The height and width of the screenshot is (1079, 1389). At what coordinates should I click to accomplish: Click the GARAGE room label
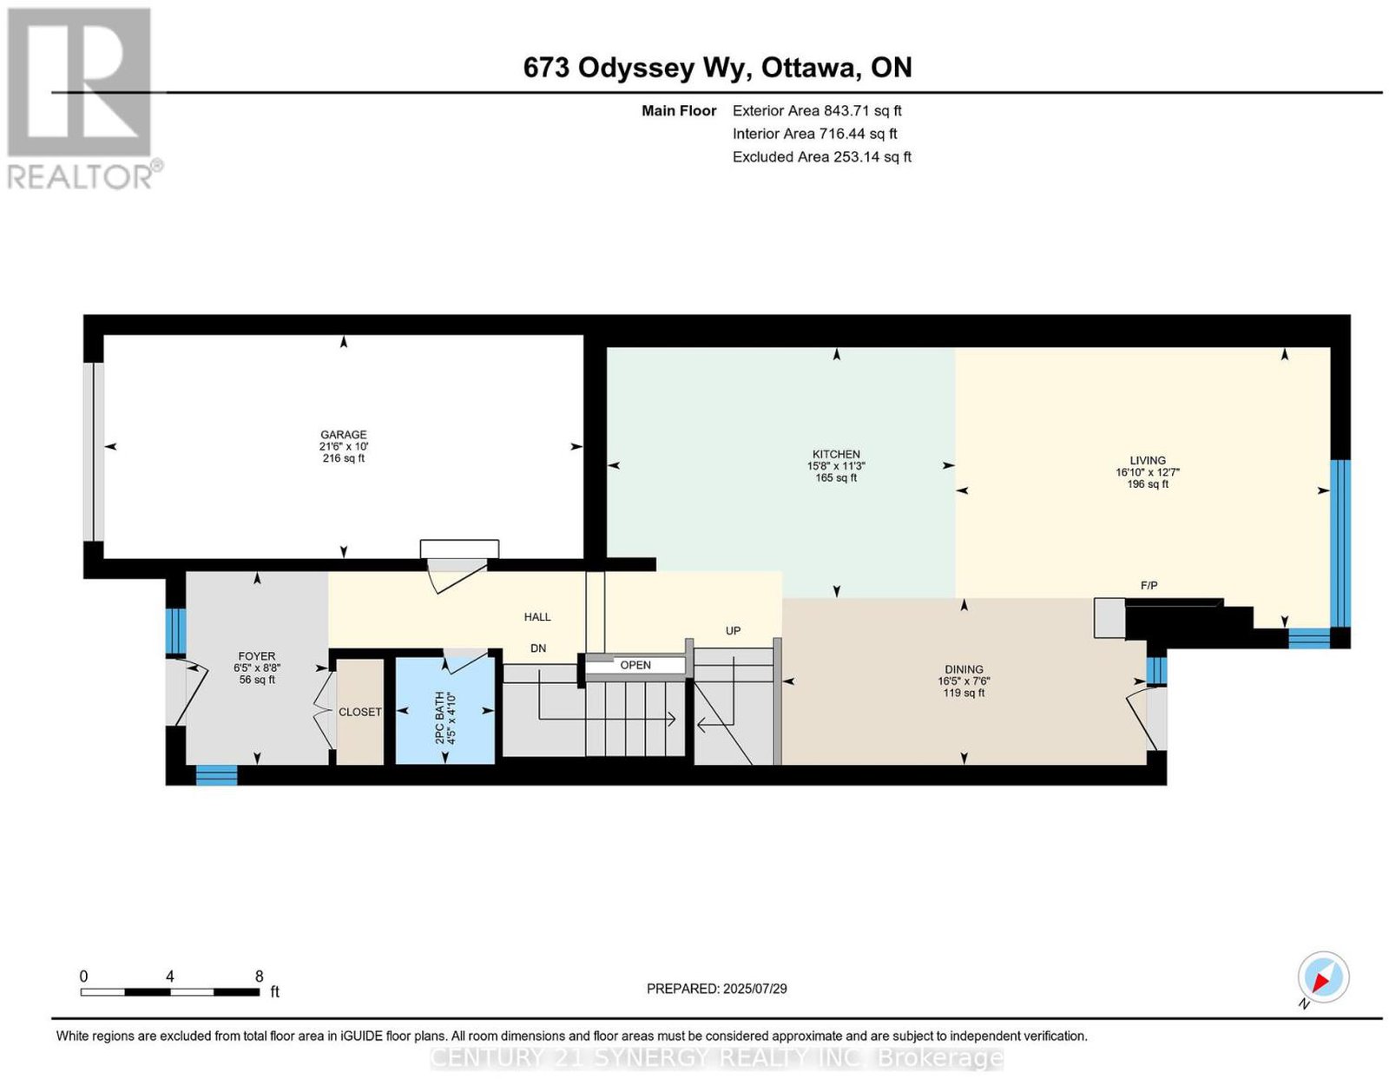[343, 434]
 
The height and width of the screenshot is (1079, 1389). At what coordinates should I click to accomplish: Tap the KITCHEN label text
[835, 454]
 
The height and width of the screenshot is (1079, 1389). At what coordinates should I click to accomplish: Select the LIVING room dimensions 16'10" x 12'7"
[1148, 472]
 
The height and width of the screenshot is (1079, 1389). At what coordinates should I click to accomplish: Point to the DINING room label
[964, 669]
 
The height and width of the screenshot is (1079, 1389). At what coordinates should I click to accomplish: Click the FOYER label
[256, 656]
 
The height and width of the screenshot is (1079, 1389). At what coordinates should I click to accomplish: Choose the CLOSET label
[360, 712]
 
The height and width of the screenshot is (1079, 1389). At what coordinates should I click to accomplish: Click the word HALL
[537, 616]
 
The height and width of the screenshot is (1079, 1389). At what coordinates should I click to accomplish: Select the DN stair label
[538, 648]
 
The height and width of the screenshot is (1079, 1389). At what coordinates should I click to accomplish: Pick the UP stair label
[733, 630]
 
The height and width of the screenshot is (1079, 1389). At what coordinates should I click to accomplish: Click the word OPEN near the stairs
[635, 665]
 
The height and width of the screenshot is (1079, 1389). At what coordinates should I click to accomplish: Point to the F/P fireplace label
[1149, 585]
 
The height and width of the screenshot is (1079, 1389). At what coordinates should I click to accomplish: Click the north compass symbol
[1322, 977]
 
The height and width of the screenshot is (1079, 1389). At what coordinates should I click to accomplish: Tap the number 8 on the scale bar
[259, 977]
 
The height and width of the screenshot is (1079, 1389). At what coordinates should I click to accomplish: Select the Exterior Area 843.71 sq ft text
[816, 110]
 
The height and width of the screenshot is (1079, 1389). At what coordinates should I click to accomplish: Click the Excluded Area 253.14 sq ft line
[821, 156]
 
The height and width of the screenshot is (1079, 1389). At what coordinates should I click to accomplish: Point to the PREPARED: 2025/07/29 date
[716, 989]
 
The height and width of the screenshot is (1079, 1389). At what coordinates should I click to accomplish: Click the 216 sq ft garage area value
[343, 458]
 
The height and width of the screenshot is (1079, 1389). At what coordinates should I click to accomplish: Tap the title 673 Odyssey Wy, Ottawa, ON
[717, 68]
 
